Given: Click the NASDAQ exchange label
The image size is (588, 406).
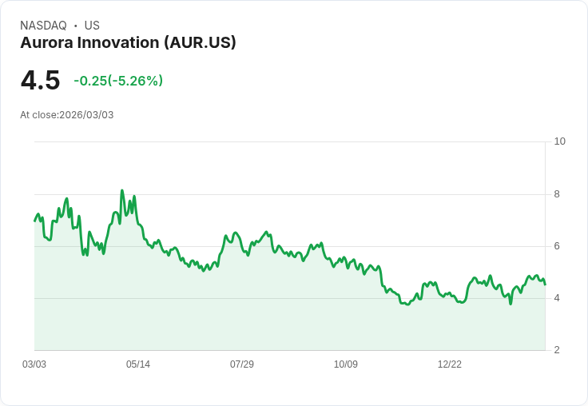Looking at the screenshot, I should click(43, 26).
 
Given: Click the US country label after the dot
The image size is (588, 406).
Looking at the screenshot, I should click(92, 26).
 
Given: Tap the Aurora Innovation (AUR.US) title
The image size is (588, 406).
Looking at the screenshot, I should click(128, 43).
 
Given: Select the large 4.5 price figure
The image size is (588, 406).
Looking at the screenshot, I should click(40, 81).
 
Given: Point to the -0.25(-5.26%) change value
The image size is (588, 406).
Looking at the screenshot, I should click(118, 81).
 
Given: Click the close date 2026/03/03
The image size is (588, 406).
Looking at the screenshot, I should click(86, 115).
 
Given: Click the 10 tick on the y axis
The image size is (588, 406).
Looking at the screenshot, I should click(559, 141).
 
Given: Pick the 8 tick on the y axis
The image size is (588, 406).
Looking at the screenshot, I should click(557, 194).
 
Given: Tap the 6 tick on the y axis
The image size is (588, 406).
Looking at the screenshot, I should click(557, 246).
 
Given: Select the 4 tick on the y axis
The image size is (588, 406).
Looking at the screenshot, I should click(557, 298).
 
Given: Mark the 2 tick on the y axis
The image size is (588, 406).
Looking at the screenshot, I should click(557, 350).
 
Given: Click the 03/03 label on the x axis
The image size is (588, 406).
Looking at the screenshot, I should click(34, 364).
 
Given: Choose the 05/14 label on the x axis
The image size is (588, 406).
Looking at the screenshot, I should click(138, 364).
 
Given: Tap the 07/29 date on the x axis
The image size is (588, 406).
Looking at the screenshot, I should click(242, 364).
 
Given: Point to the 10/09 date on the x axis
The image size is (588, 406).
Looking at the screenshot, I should click(346, 364).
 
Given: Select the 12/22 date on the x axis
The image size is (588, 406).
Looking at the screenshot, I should click(450, 364).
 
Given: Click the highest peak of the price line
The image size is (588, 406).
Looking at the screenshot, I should click(121, 190).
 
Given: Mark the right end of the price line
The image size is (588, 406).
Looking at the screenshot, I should click(545, 284).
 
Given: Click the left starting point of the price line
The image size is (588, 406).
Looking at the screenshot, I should click(34, 221).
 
